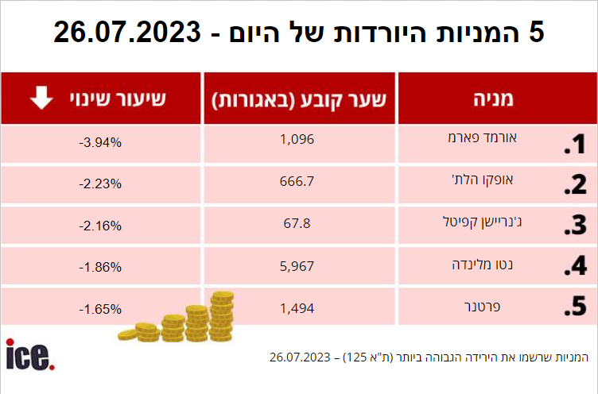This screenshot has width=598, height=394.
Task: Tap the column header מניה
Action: [x=498, y=99]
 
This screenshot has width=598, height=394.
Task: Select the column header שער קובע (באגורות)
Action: [x=299, y=99]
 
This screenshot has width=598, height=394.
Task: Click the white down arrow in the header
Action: [x=41, y=98]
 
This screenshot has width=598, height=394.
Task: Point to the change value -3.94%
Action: [x=101, y=143]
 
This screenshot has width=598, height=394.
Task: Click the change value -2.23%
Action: [x=101, y=183]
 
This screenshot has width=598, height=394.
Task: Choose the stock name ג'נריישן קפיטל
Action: [x=506, y=221]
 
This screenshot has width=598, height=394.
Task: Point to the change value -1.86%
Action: [x=101, y=266]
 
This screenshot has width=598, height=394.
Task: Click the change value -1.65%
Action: [x=101, y=307]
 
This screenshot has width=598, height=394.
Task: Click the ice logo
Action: [x=29, y=354]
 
